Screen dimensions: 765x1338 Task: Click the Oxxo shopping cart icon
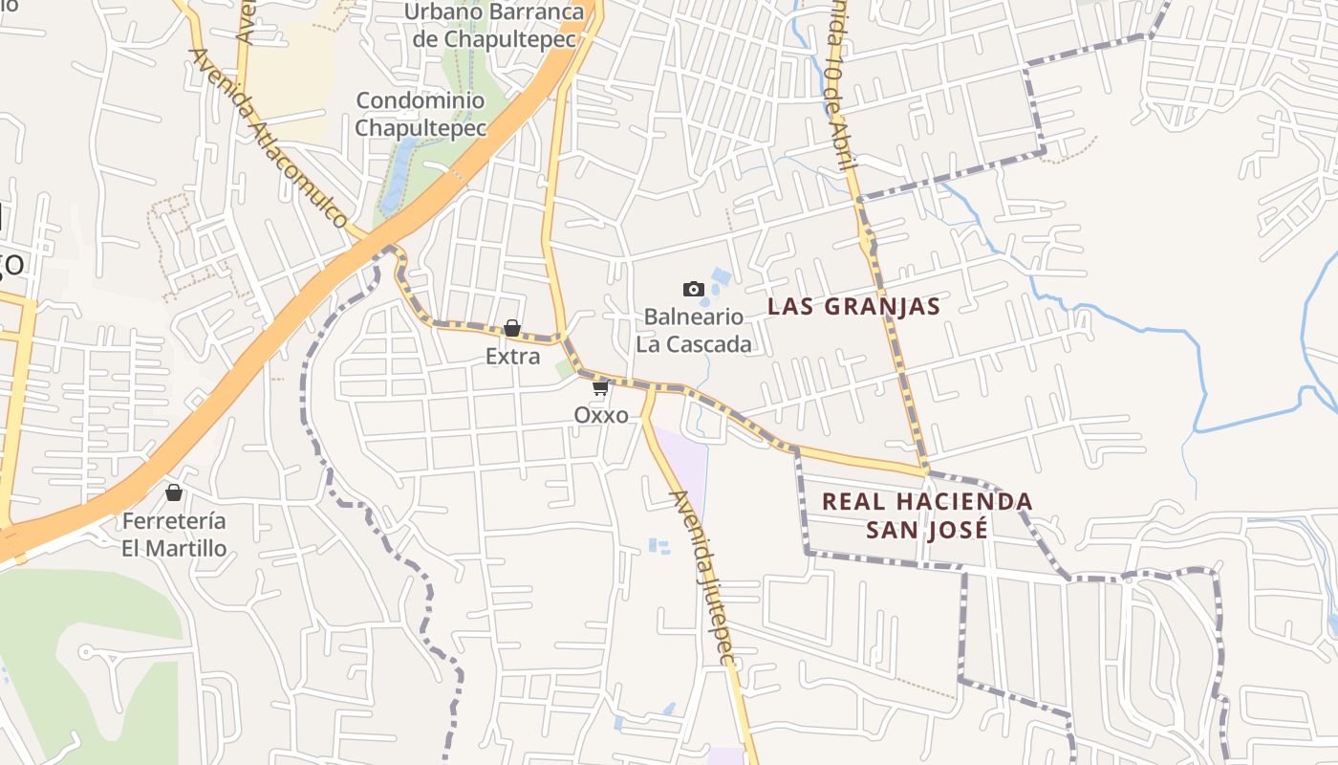point(600,387)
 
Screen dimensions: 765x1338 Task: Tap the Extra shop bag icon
point(512,328)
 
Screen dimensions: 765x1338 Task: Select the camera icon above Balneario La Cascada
point(694,289)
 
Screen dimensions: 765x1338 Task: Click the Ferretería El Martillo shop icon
point(174,492)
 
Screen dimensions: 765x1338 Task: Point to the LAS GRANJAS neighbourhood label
point(854,306)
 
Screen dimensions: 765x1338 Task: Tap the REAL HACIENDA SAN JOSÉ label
point(927,514)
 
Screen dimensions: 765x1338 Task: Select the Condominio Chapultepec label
point(421,114)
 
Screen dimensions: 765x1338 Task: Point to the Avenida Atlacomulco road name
point(270,138)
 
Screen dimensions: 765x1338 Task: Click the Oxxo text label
point(601,415)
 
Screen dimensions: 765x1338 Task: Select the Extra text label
point(513,357)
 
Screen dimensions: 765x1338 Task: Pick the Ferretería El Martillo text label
point(174,535)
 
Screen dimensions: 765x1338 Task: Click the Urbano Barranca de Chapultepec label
point(494,26)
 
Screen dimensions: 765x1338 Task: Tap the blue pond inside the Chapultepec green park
point(397,172)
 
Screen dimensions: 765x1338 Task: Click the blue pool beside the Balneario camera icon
point(721,277)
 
